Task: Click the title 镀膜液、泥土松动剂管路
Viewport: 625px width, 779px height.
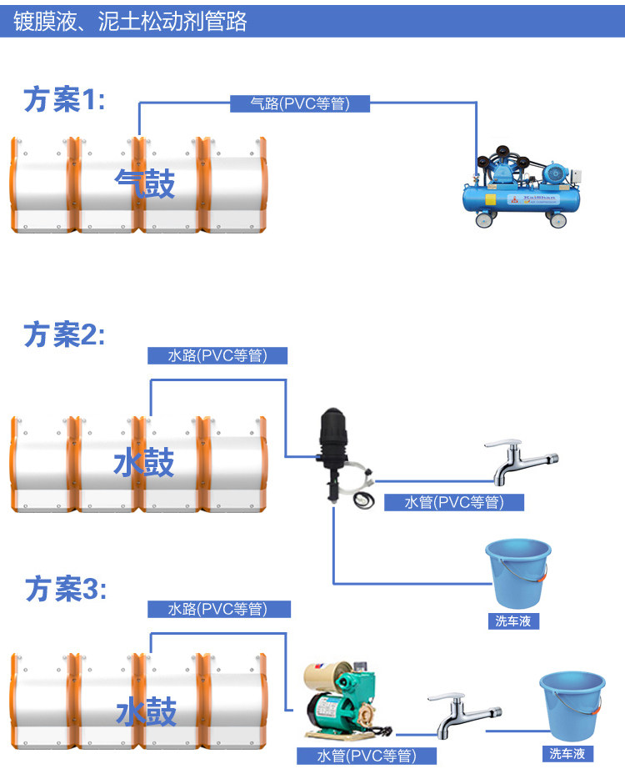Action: coord(131,21)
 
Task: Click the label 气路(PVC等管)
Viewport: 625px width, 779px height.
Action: coord(299,103)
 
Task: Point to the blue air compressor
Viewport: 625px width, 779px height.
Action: coord(522,188)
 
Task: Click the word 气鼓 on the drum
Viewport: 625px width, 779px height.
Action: coord(145,184)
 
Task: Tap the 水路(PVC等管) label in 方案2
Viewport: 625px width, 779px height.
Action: coord(217,356)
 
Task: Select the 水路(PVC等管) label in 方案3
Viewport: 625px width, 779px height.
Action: coord(217,610)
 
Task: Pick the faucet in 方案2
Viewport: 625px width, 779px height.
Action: coord(521,461)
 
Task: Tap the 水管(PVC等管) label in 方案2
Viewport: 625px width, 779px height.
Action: coord(454,502)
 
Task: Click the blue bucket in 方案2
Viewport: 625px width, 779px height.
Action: coord(517,572)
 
